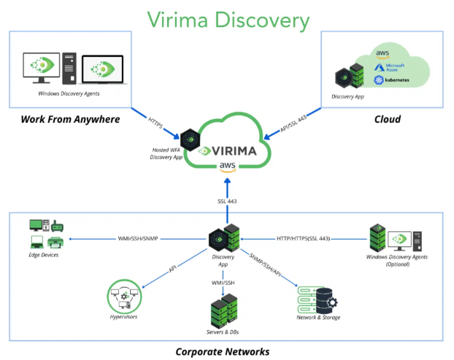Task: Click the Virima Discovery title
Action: tap(228, 20)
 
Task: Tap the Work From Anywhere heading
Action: tap(70, 119)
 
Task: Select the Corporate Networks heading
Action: tap(223, 351)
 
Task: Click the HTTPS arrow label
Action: tap(155, 123)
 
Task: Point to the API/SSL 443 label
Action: tap(293, 123)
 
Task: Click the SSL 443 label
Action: tap(227, 202)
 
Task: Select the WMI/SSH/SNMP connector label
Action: tap(138, 239)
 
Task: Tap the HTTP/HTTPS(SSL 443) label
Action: tap(303, 239)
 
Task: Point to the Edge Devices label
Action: tap(44, 255)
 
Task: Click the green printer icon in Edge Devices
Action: tap(55, 242)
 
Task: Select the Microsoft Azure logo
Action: tap(389, 67)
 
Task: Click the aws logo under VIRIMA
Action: tap(227, 167)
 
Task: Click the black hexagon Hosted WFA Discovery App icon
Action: tap(190, 140)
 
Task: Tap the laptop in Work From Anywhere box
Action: tap(103, 69)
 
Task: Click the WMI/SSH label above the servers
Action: tap(223, 283)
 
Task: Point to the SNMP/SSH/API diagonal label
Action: tap(265, 265)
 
